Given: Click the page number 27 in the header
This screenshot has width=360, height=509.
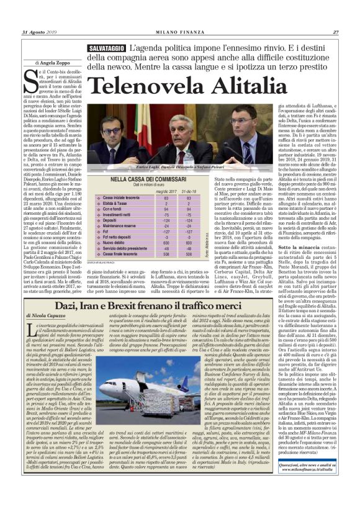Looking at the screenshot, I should pyautogui.click(x=336, y=32).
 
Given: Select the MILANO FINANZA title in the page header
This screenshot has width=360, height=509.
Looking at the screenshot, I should pyautogui.click(x=181, y=32).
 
